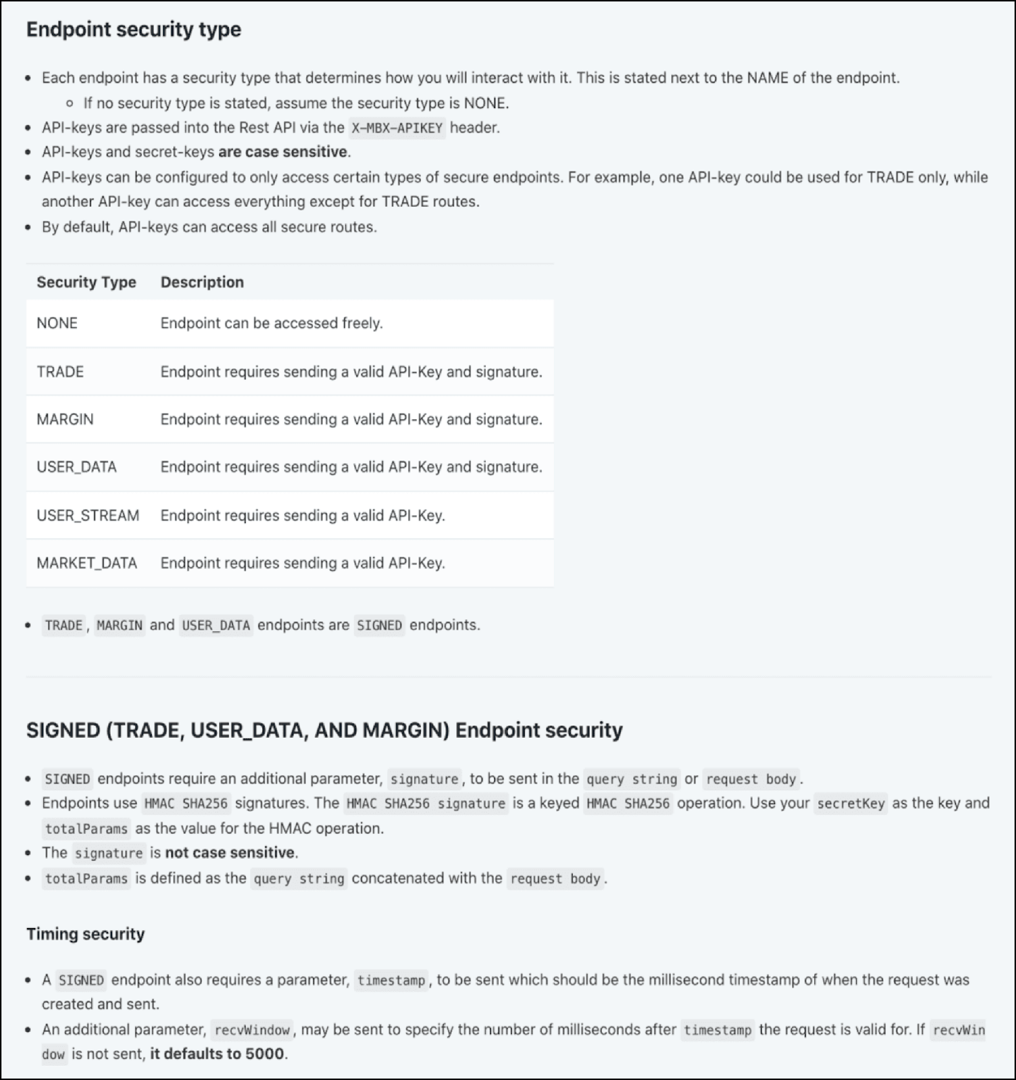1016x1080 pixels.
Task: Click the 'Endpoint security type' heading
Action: click(x=134, y=30)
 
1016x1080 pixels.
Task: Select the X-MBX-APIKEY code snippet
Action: click(x=397, y=128)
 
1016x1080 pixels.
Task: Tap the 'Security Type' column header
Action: click(x=86, y=282)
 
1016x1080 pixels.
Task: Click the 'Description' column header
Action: click(x=202, y=282)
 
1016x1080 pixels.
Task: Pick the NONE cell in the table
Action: click(x=57, y=323)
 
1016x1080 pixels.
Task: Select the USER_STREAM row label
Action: click(x=88, y=516)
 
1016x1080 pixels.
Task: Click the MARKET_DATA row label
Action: click(x=87, y=563)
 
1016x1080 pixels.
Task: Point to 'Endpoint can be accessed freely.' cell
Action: click(x=271, y=323)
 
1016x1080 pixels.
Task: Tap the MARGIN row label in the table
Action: click(x=65, y=419)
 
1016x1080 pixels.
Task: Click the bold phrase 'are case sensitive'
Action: click(x=283, y=152)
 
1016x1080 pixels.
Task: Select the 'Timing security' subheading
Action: click(x=86, y=934)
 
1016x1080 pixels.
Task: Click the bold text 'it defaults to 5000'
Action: click(x=217, y=1054)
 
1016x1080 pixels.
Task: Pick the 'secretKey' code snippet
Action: click(x=850, y=803)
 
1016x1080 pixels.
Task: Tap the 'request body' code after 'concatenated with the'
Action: click(x=555, y=879)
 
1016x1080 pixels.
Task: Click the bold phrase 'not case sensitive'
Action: click(x=230, y=853)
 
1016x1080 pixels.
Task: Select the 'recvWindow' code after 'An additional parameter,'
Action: click(x=252, y=1030)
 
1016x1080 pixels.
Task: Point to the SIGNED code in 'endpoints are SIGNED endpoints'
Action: click(x=379, y=625)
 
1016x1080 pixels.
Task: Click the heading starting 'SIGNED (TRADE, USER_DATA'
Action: click(x=324, y=730)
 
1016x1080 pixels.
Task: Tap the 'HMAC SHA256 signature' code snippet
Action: click(x=426, y=803)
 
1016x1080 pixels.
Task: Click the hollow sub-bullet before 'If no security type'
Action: click(x=70, y=103)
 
